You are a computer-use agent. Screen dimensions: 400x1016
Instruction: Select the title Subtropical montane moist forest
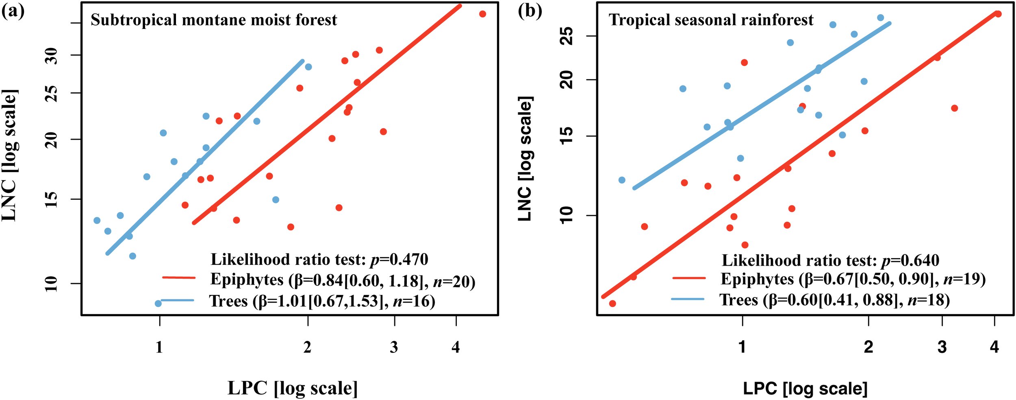(214, 20)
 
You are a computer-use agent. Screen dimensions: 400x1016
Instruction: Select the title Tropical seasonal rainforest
(711, 20)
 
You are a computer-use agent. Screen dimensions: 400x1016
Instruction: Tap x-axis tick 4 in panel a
(456, 347)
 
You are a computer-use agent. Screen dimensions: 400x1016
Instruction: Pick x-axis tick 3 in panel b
(942, 347)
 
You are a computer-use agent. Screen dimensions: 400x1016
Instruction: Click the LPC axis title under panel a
(293, 388)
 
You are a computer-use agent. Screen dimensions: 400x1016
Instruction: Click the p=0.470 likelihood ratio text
(319, 259)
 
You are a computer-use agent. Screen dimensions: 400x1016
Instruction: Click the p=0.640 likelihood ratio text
(830, 260)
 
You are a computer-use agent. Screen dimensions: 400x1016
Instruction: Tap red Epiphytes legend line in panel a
(179, 278)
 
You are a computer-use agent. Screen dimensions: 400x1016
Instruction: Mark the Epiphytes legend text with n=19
(853, 279)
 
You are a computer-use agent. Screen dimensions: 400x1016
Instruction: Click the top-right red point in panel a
(482, 14)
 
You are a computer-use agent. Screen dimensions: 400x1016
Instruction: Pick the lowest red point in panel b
(612, 304)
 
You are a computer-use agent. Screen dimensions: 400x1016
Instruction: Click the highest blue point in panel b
(880, 18)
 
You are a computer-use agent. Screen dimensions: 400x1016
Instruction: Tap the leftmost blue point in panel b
(622, 180)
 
